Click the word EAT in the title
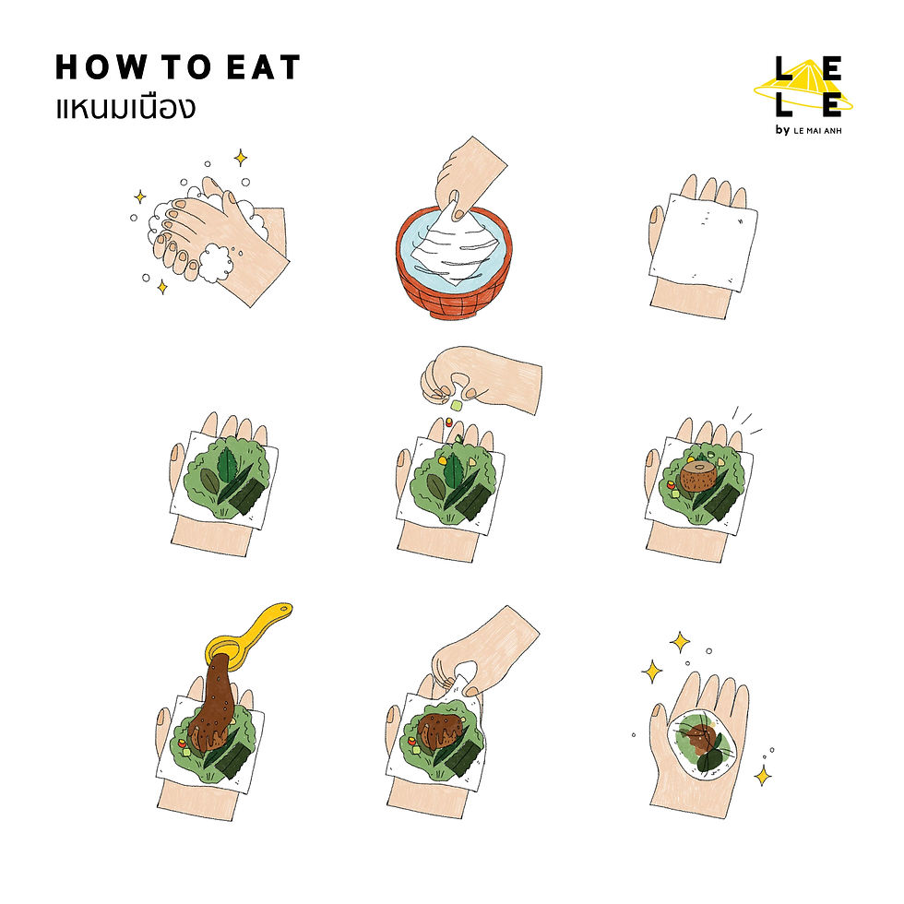[264, 66]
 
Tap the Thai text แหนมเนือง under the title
[125, 108]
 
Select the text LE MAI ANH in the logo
[817, 131]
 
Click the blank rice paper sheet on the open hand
[703, 242]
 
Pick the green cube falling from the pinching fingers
[456, 405]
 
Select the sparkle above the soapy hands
[241, 158]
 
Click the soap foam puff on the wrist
[216, 263]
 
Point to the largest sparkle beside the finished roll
[652, 672]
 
